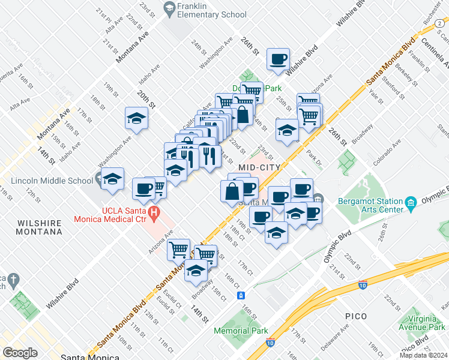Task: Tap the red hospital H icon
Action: (154, 212)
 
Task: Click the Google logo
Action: (20, 352)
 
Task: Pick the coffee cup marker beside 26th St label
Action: (278, 59)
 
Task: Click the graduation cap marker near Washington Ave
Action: (136, 118)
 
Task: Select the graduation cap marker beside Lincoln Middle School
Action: (112, 179)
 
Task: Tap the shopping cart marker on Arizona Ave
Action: (178, 248)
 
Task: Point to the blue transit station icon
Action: (240, 295)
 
